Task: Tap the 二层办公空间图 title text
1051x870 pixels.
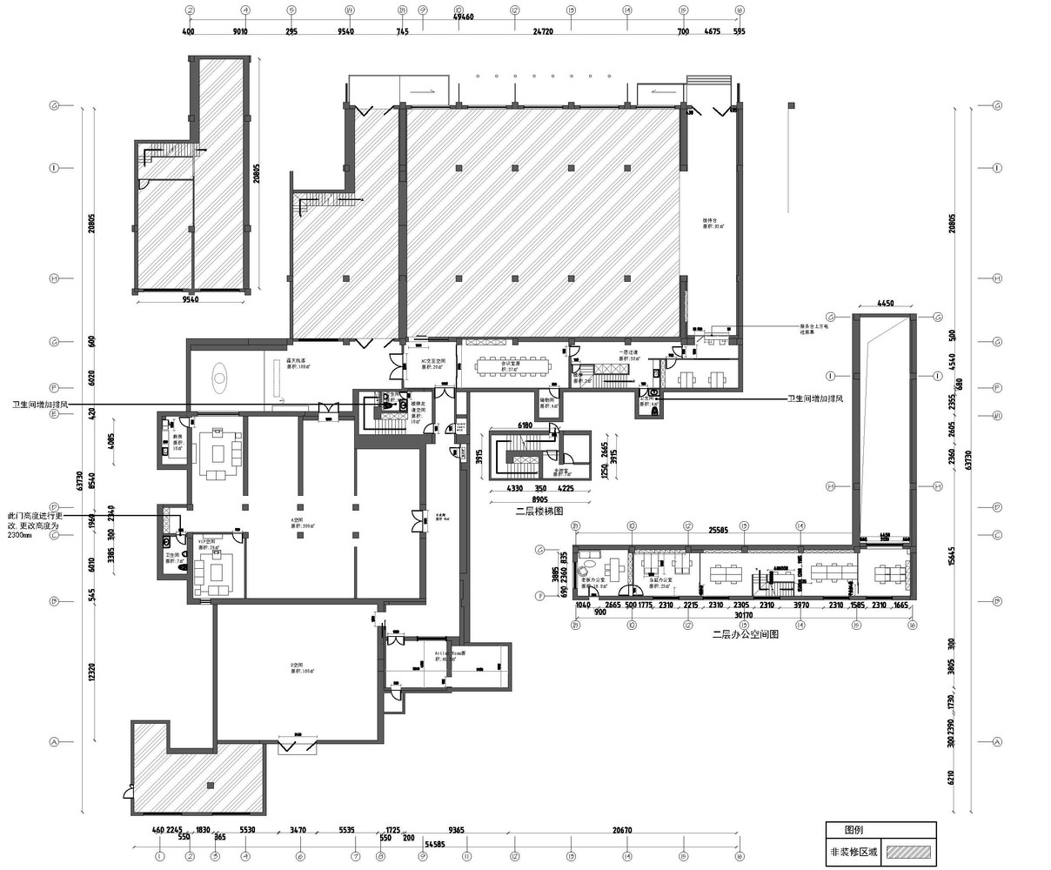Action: coord(744,635)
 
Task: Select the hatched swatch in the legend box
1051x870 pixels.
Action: coord(908,854)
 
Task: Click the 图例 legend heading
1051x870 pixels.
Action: coord(854,831)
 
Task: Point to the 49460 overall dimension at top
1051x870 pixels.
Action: coord(464,17)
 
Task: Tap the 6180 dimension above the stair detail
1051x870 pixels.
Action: coord(524,425)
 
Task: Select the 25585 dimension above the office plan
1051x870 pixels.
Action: coord(717,529)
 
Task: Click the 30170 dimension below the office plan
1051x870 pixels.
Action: coord(743,615)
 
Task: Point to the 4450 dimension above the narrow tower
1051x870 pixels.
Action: coord(885,304)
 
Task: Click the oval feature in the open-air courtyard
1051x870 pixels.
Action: coord(220,378)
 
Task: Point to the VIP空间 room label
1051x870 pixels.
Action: coord(208,544)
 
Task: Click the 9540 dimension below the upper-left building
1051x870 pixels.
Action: coord(191,299)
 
